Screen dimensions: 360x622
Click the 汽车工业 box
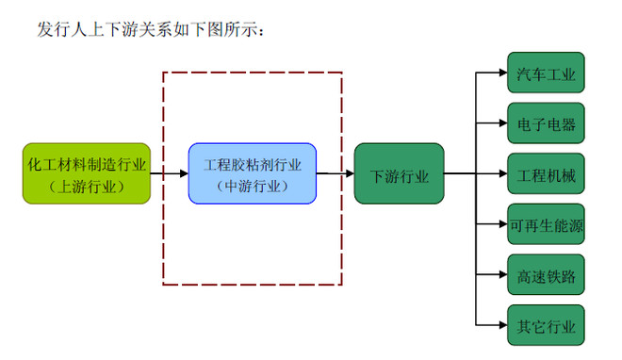tap(546, 73)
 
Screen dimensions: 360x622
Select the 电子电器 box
tap(546, 123)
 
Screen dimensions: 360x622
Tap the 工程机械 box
tap(546, 174)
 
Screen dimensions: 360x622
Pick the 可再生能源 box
tap(546, 224)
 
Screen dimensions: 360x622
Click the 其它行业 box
tap(546, 326)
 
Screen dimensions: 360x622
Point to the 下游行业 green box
tap(399, 174)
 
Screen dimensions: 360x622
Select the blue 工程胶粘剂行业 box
tap(253, 174)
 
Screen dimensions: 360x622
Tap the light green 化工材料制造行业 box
tap(87, 174)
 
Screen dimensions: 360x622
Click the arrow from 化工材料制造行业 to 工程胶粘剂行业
tap(170, 174)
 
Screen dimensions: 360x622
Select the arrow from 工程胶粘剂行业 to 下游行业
tap(335, 174)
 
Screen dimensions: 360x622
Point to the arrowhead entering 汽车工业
tap(501, 73)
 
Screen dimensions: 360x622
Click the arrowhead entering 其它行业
tap(501, 326)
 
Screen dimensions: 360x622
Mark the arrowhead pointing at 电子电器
tap(501, 123)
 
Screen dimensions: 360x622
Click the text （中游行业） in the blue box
tap(253, 186)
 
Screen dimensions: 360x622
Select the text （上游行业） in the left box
tap(87, 186)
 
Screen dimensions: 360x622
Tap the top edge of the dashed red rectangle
tap(252, 71)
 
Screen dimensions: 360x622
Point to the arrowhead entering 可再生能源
tap(501, 224)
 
